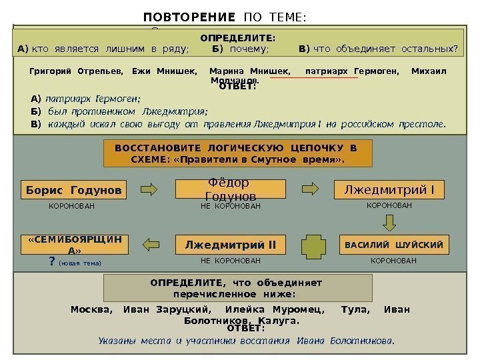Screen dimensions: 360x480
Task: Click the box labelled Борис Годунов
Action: (x=74, y=191)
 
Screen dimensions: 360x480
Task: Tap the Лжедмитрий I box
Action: (x=389, y=191)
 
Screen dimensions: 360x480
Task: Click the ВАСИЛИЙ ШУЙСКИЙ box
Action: (x=393, y=245)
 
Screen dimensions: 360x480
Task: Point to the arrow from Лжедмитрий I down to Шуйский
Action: (x=389, y=217)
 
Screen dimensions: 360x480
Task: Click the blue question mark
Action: (x=52, y=262)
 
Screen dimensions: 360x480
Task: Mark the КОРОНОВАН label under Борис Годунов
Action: (x=72, y=207)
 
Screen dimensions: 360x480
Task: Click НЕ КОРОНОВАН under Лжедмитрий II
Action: (x=230, y=262)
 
